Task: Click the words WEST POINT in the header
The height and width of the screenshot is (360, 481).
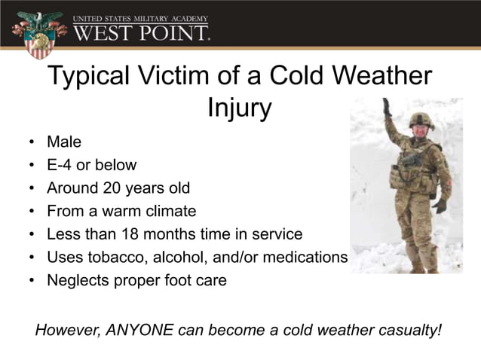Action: [142, 33]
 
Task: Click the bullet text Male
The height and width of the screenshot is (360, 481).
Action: [64, 141]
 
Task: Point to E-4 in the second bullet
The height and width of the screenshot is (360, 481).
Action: [60, 164]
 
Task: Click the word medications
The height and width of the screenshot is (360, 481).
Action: [302, 258]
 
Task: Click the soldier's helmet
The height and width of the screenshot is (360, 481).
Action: [421, 118]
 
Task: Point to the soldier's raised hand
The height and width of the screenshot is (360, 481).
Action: [387, 105]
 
